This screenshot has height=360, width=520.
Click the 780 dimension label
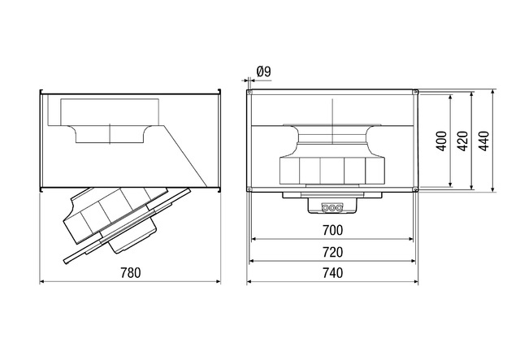(130, 273)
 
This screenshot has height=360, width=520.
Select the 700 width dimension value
(332, 230)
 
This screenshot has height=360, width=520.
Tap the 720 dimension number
(332, 252)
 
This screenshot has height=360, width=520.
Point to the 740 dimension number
(332, 273)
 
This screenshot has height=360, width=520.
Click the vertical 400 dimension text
(442, 141)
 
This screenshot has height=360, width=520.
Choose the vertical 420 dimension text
(463, 141)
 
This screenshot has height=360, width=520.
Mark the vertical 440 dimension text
(484, 141)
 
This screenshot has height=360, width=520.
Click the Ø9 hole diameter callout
(263, 72)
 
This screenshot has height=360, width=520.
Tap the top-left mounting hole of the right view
(249, 92)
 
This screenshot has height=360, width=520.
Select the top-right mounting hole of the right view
(415, 92)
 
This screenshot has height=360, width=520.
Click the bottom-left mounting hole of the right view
(249, 189)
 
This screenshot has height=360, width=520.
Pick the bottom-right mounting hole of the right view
(415, 189)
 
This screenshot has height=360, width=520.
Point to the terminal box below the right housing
(332, 206)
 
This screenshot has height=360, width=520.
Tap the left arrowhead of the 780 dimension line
(41, 282)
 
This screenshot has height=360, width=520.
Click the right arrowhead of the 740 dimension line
(416, 282)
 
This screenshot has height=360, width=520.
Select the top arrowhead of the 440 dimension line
(494, 92)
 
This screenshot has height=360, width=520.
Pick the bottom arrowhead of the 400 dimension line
(450, 184)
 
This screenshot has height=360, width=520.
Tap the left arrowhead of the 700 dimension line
(254, 239)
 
